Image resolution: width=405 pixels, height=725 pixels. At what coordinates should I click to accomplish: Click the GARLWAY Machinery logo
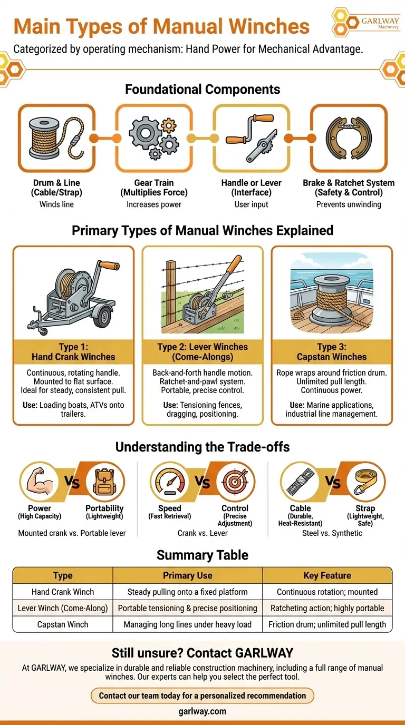pyautogui.click(x=365, y=22)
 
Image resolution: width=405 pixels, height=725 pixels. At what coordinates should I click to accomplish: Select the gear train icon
pyautogui.click(x=154, y=138)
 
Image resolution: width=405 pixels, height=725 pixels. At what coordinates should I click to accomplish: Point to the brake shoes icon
pyautogui.click(x=349, y=138)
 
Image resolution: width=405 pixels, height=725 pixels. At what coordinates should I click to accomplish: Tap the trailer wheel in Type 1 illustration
pyautogui.click(x=104, y=316)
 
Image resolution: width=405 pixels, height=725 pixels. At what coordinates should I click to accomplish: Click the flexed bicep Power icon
pyautogui.click(x=39, y=482)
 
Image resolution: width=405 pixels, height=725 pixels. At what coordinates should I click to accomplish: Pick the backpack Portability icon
pyautogui.click(x=104, y=482)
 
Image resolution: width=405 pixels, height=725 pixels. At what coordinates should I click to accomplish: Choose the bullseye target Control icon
pyautogui.click(x=236, y=482)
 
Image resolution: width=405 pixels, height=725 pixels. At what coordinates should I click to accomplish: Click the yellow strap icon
pyautogui.click(x=366, y=482)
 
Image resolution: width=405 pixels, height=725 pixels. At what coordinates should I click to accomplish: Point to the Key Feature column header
pyautogui.click(x=327, y=575)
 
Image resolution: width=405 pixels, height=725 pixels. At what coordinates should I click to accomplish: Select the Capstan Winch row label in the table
pyautogui.click(x=63, y=624)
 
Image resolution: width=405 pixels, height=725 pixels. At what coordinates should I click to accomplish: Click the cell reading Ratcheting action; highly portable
pyautogui.click(x=327, y=608)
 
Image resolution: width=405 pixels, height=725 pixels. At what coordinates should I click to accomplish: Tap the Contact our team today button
pyautogui.click(x=202, y=695)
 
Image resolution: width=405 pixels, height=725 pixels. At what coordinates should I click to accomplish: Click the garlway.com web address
pyautogui.click(x=202, y=711)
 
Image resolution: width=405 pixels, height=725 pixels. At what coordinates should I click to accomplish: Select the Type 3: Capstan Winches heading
pyautogui.click(x=332, y=352)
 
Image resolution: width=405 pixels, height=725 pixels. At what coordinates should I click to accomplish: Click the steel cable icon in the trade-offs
pyautogui.click(x=300, y=482)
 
